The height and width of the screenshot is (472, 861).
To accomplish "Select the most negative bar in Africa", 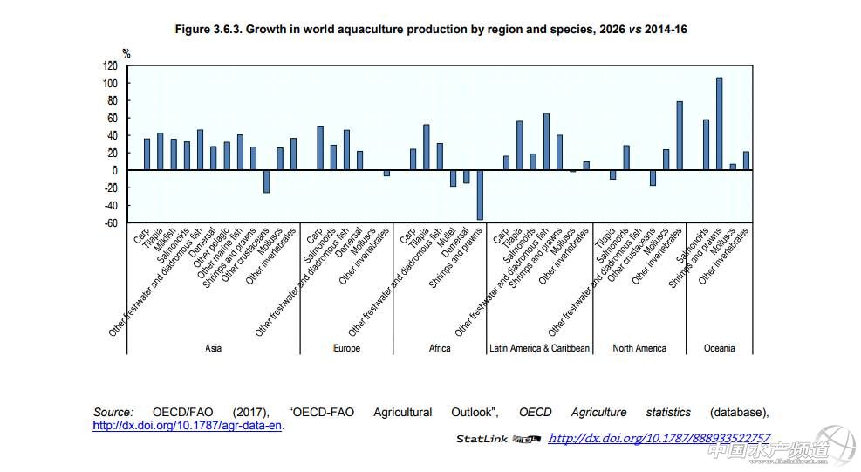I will click(479, 195).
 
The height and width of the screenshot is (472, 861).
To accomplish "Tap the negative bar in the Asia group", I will click(267, 181).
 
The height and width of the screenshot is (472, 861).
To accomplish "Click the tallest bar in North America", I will click(680, 135).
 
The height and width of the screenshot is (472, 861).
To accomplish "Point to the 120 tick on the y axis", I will click(109, 65).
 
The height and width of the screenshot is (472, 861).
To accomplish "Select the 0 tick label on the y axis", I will click(114, 170).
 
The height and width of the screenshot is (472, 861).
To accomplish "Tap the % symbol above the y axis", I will click(126, 53).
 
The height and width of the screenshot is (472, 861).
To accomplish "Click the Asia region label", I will click(213, 348).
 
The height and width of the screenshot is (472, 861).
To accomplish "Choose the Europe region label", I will click(346, 348).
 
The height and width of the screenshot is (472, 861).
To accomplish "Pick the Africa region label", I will click(440, 348).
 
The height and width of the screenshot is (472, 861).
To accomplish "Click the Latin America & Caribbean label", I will click(539, 348).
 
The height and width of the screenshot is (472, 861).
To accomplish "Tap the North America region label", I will click(639, 348).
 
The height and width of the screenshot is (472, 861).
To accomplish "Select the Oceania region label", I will click(720, 348).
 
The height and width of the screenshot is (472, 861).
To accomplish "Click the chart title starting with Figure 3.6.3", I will click(431, 30).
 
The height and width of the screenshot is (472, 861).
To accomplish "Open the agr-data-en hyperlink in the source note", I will click(188, 426).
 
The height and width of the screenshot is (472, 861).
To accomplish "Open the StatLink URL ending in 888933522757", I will click(659, 438).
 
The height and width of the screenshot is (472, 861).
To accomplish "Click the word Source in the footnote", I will click(113, 412).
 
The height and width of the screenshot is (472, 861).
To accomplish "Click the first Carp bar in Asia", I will click(147, 154).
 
